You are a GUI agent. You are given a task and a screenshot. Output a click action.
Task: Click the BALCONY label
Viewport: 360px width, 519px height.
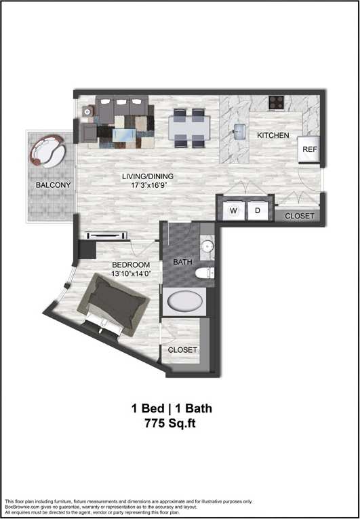pyautogui.click(x=52, y=185)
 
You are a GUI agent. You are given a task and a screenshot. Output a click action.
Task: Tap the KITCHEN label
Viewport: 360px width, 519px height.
pyautogui.click(x=273, y=136)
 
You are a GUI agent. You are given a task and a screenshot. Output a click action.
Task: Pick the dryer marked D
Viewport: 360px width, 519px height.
pyautogui.click(x=258, y=211)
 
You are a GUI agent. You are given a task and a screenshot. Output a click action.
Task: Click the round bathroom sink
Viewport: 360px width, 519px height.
pyautogui.click(x=208, y=245)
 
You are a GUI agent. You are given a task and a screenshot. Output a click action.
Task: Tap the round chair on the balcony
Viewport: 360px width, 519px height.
pyautogui.click(x=47, y=150)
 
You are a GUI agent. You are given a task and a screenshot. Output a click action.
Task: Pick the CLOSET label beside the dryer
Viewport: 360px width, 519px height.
pyautogui.click(x=299, y=216)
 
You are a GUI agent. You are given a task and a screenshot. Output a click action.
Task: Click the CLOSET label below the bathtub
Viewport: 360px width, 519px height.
pyautogui.click(x=182, y=350)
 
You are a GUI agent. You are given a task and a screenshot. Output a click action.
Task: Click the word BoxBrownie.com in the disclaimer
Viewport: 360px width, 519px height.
pyautogui.click(x=21, y=506)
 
